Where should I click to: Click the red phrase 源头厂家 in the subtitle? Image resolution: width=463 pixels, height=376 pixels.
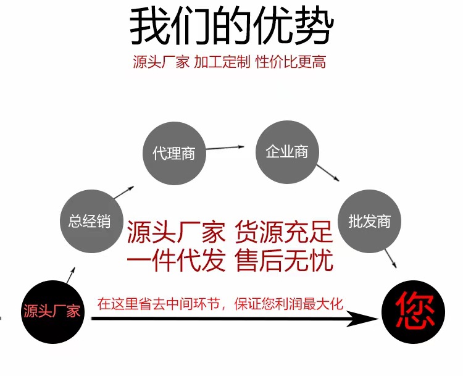(161, 62)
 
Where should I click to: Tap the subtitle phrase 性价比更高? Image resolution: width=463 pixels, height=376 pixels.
(290, 62)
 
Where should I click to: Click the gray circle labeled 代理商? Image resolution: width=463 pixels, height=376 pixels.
(173, 153)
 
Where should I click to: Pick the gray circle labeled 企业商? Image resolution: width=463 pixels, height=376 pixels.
(286, 151)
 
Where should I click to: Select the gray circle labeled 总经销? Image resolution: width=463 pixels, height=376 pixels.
(90, 221)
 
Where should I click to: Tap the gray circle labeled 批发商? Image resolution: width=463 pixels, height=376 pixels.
(369, 221)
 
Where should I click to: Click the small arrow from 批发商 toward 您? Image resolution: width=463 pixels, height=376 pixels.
(390, 259)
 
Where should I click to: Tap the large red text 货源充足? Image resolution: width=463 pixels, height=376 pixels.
(284, 233)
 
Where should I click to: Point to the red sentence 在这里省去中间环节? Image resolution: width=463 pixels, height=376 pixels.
(163, 304)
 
